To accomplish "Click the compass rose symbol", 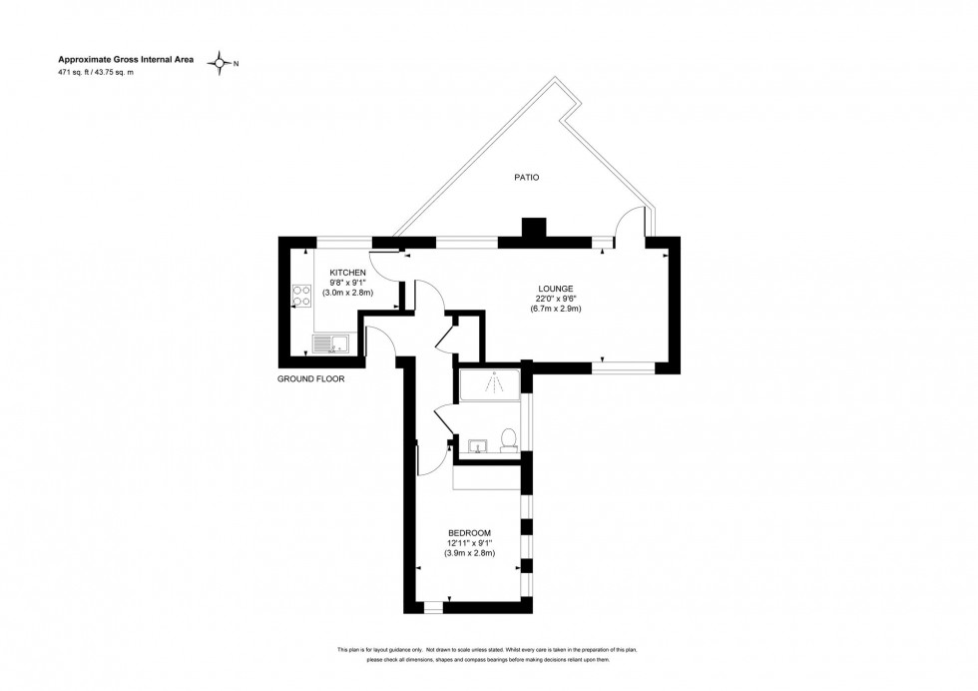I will tap(220, 64).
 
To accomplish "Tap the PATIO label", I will tap(526, 177).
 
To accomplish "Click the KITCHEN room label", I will tap(348, 273).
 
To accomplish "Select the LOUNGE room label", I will tap(556, 289).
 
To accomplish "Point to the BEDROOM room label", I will tap(469, 532).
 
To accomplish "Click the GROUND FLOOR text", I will tap(310, 379).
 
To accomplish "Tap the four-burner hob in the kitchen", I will tap(300, 295).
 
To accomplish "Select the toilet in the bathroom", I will tap(508, 440).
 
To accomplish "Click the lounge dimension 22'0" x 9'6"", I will tap(556, 299).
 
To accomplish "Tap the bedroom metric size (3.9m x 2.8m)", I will tap(469, 553).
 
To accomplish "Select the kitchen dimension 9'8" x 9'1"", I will tap(348, 283).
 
